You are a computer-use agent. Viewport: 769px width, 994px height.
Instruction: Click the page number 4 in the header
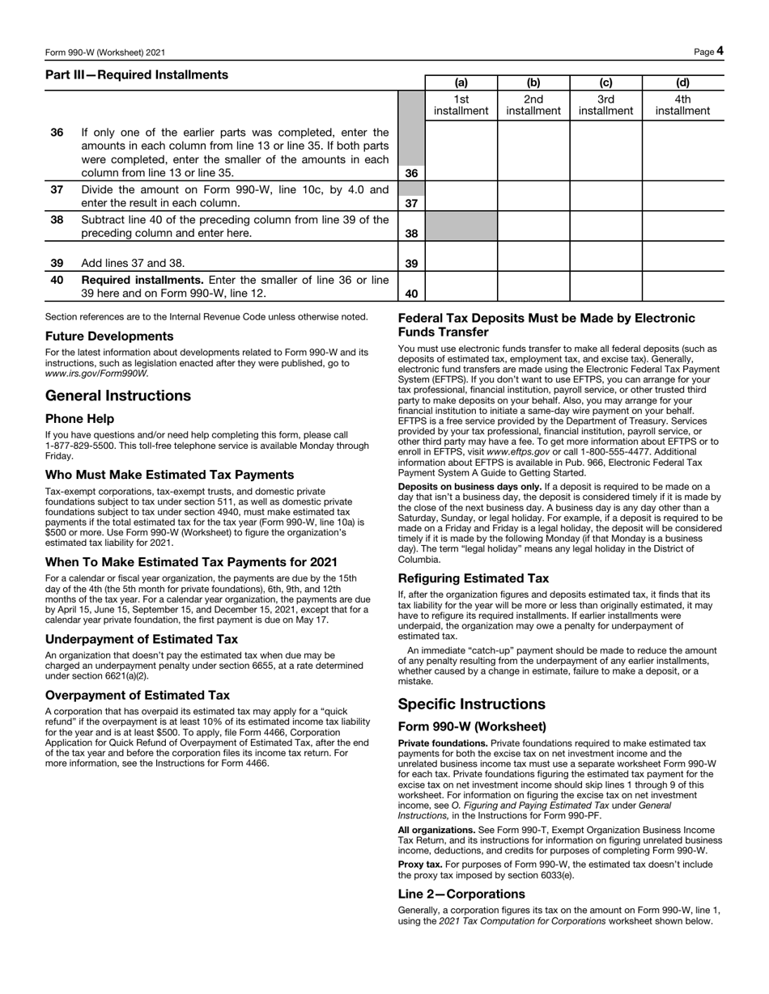tap(719, 52)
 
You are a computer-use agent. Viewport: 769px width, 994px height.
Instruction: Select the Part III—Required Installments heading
tap(137, 75)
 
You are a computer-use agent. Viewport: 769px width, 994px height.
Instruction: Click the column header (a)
tap(461, 82)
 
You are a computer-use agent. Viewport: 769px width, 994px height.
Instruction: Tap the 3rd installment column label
tap(605, 105)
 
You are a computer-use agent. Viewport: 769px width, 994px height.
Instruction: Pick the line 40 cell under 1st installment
tap(461, 286)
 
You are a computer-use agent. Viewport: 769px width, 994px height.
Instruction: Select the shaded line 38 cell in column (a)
tap(461, 226)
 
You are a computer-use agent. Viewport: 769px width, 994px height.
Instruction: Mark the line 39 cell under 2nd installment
tap(533, 256)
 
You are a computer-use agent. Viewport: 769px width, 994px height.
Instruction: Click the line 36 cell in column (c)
tap(605, 151)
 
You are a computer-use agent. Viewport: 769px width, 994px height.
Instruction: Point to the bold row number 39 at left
tap(57, 263)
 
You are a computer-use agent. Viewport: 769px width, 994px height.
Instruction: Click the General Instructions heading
tap(118, 395)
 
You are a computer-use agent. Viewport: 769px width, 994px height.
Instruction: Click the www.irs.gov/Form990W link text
tap(97, 374)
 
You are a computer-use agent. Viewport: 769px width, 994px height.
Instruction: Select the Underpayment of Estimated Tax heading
tap(142, 639)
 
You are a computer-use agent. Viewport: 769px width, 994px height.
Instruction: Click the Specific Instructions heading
tap(471, 704)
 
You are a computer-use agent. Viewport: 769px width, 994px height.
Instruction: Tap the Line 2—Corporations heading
tap(461, 894)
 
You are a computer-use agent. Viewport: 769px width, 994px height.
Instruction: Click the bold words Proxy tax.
tap(419, 865)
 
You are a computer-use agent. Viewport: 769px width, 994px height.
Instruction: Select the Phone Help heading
tap(79, 419)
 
